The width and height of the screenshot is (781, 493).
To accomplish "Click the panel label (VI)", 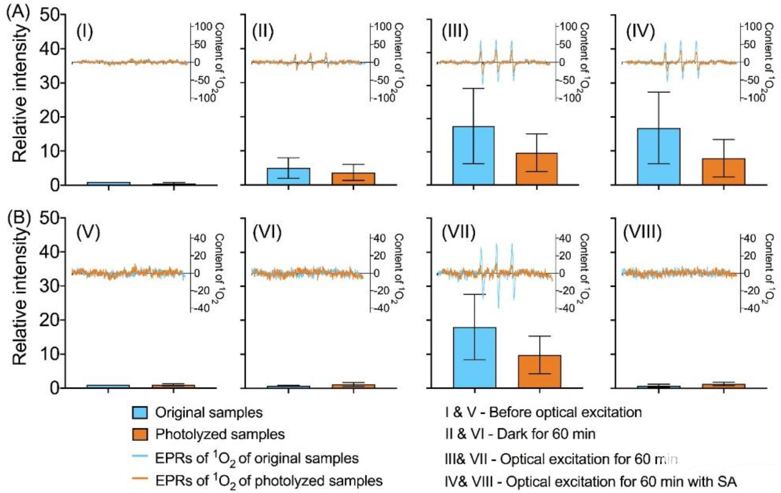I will tap(267, 232).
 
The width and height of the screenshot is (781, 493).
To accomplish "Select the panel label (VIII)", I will tap(642, 232).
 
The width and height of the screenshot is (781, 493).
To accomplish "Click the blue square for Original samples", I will tap(140, 413).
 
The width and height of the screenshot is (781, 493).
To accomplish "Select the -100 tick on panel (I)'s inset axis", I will tap(205, 97).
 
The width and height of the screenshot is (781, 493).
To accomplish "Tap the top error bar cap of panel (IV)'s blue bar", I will tap(659, 92).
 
